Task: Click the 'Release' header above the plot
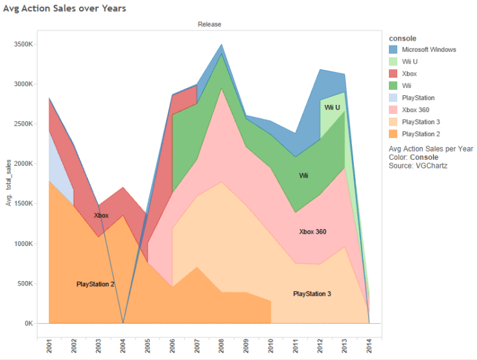click(210, 25)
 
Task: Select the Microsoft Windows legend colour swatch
click(393, 49)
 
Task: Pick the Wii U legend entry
click(410, 62)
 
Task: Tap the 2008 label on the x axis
click(222, 346)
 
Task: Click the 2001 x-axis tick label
click(49, 346)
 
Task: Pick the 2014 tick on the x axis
click(369, 346)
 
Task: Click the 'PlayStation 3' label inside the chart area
click(312, 294)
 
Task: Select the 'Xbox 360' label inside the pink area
click(312, 231)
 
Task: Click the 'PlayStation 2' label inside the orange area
click(95, 284)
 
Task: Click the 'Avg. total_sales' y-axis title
click(10, 184)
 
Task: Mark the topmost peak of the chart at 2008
click(222, 44)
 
